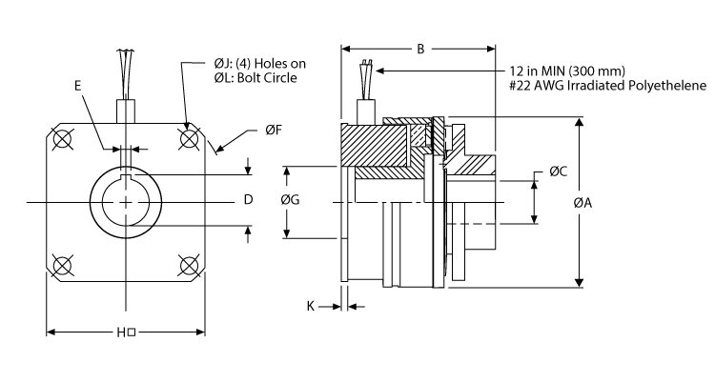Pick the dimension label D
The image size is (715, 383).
[247, 200]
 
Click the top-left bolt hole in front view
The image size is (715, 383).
[64, 139]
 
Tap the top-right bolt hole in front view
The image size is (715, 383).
[189, 139]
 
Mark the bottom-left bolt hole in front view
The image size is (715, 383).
[64, 264]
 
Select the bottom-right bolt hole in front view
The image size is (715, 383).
[189, 264]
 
